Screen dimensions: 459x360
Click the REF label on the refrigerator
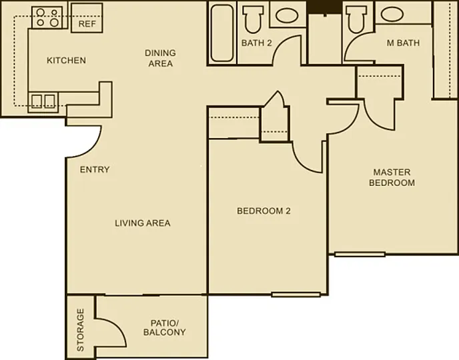click(x=87, y=24)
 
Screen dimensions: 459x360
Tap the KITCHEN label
click(x=67, y=60)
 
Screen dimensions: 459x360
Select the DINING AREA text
click(x=160, y=58)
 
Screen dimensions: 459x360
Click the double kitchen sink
click(x=43, y=101)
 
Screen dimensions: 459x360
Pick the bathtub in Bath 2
click(x=222, y=33)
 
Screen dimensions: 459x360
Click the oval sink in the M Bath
click(x=392, y=14)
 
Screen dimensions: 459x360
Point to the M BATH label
click(x=403, y=43)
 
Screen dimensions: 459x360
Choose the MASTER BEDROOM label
click(x=392, y=177)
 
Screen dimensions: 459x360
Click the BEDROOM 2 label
click(x=264, y=211)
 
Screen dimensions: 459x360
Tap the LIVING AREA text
click(x=143, y=223)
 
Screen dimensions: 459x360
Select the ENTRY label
click(x=95, y=169)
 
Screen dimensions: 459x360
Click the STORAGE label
click(x=80, y=329)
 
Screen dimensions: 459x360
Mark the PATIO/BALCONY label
click(x=164, y=327)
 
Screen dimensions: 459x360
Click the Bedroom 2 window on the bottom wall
click(x=296, y=295)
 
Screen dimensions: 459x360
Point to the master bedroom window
click(x=360, y=255)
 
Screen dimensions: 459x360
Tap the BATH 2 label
click(x=256, y=43)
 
